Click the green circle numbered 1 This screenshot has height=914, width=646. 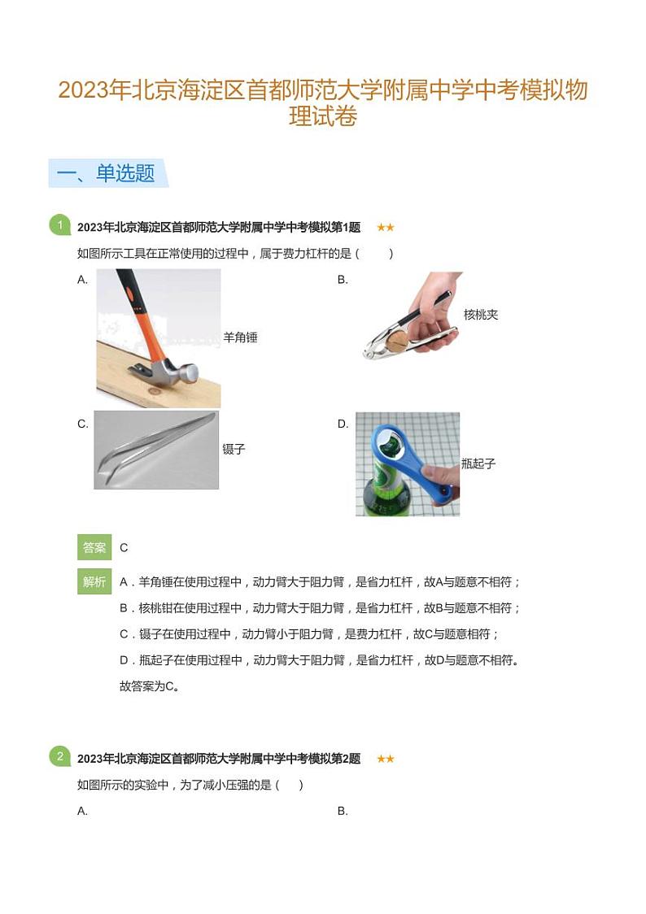pyautogui.click(x=59, y=225)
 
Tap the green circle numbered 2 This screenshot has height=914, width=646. pyautogui.click(x=59, y=757)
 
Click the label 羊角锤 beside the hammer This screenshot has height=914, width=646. pyautogui.click(x=240, y=337)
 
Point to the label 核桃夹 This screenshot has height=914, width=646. pyautogui.click(x=481, y=315)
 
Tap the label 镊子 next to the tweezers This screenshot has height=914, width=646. pyautogui.click(x=234, y=449)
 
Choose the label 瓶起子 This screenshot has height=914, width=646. pyautogui.click(x=478, y=464)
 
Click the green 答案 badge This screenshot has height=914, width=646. pyautogui.click(x=94, y=547)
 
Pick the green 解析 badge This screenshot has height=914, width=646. pyautogui.click(x=94, y=581)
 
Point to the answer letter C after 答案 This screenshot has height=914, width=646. pyautogui.click(x=124, y=548)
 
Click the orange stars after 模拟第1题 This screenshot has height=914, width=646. pyautogui.click(x=385, y=228)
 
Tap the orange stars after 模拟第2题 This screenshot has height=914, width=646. pyautogui.click(x=385, y=759)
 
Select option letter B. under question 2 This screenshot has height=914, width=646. pyautogui.click(x=343, y=811)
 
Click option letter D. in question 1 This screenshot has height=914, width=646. pyautogui.click(x=343, y=424)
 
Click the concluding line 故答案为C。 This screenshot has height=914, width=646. pyautogui.click(x=149, y=685)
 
